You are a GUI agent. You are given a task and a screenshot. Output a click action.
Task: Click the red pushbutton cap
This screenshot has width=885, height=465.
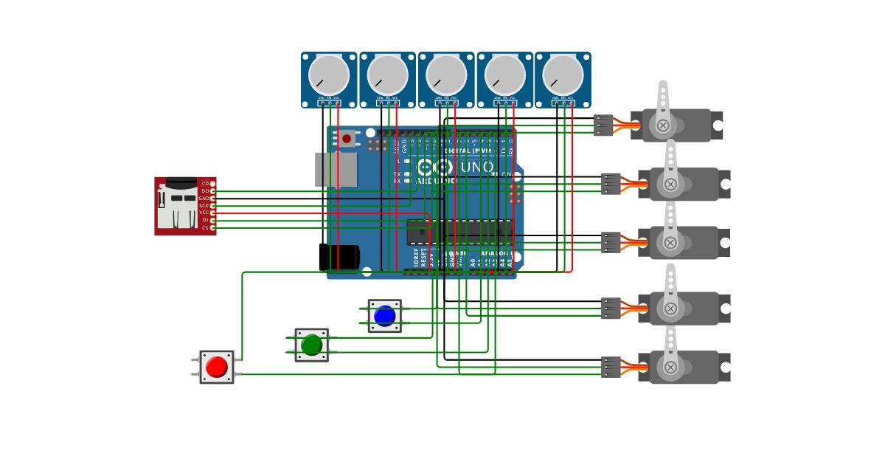coord(217,367)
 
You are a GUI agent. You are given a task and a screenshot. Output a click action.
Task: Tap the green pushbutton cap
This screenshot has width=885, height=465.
coord(312,345)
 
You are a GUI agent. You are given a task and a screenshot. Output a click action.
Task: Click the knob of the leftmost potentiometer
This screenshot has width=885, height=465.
coord(329,75)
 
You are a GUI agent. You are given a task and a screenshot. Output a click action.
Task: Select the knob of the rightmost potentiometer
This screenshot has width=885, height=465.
coord(563,75)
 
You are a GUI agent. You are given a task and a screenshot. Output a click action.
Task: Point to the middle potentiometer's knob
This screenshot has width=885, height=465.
coord(446,75)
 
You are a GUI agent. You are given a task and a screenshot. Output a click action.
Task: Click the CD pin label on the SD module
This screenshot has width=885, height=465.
coord(204,183)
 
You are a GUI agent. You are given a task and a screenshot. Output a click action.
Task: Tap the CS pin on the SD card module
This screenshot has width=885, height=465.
coord(212,228)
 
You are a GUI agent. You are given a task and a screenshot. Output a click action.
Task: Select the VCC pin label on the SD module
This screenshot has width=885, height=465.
coord(204,213)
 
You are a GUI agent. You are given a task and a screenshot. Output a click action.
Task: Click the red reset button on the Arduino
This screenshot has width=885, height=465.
coord(347,138)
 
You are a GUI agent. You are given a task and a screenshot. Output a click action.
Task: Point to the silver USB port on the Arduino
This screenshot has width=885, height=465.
coord(336,170)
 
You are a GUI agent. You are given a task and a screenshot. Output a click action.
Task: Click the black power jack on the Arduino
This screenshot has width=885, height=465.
coord(339,257)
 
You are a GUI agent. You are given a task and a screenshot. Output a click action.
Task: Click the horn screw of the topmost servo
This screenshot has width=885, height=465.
coord(663,125)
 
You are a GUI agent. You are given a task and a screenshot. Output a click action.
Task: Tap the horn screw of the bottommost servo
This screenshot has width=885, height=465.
coord(670,367)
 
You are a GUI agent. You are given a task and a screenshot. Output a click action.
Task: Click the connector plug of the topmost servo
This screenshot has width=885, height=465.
coord(603,125)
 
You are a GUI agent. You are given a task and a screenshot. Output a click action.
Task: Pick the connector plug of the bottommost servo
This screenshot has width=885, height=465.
coord(611,367)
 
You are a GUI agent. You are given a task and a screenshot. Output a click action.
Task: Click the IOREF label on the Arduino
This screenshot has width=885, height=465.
coord(416,258)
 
